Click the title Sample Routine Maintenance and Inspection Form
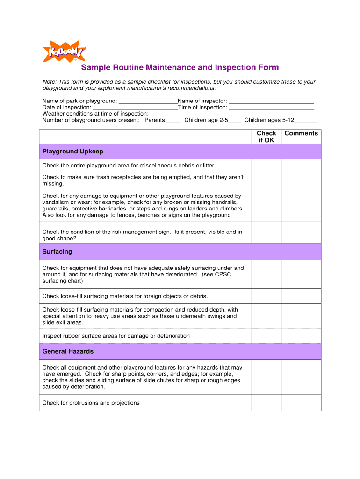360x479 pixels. point(180,68)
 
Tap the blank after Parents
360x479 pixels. point(173,121)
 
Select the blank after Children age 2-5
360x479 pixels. point(235,121)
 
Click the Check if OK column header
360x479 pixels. point(266,137)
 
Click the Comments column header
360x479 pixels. point(301,133)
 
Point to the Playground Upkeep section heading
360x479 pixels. point(73,152)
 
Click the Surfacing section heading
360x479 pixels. point(58,252)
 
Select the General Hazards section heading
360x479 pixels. point(68,351)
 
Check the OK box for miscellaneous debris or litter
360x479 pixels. point(266,166)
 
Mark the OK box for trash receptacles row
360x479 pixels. point(266,181)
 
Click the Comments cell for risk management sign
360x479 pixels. point(301,232)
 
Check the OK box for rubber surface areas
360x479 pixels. point(266,336)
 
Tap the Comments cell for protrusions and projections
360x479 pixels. point(301,403)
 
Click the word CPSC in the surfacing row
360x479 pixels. point(223,275)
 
